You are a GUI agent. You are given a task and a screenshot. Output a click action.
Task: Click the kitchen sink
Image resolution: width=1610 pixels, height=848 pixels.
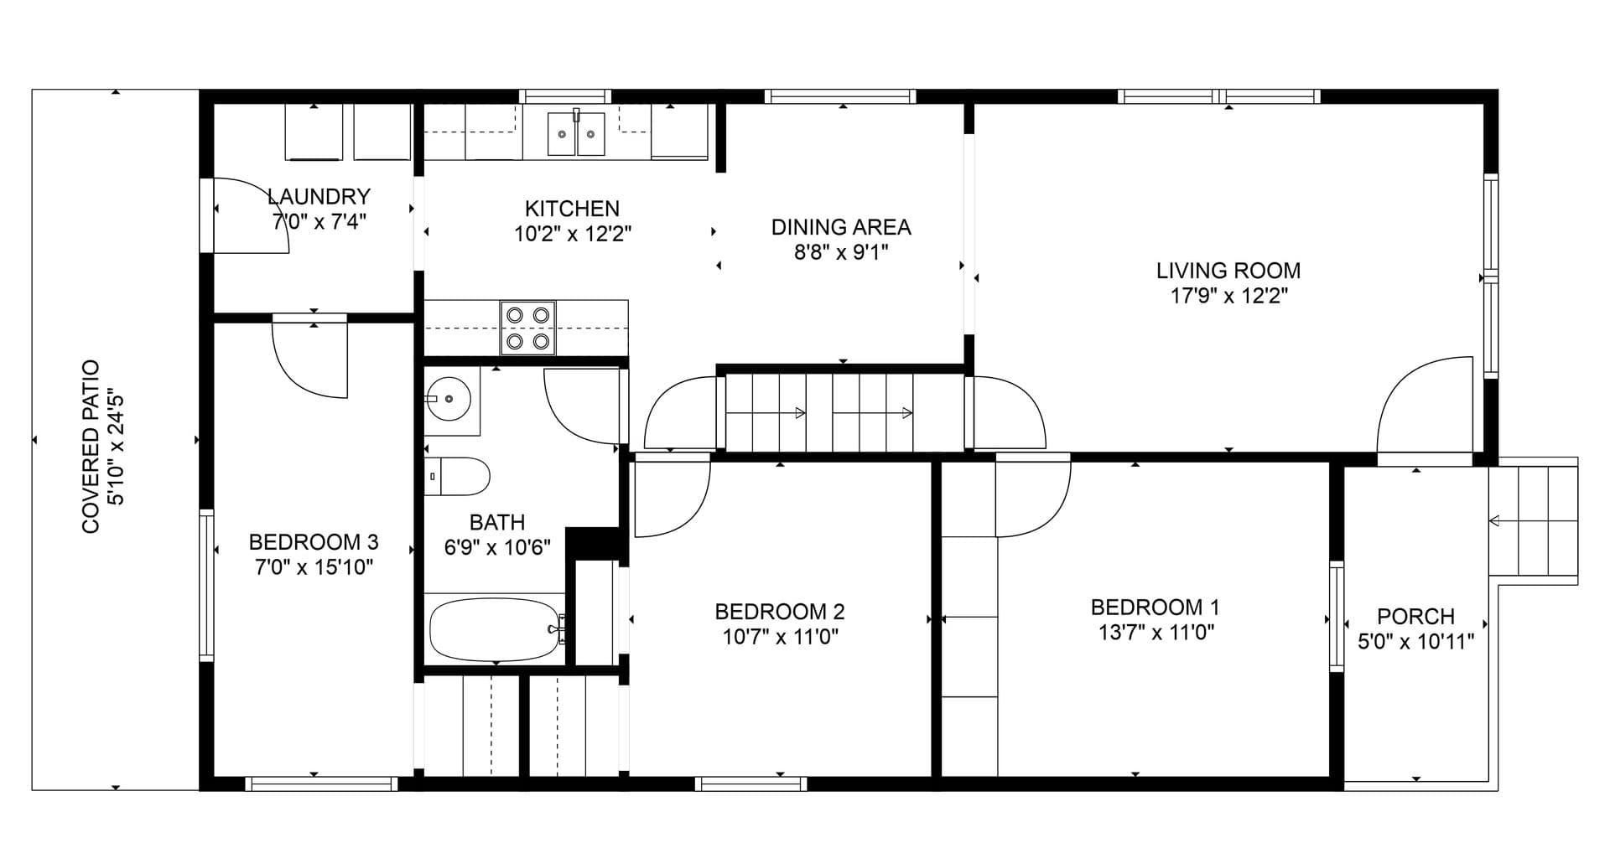pos(576,133)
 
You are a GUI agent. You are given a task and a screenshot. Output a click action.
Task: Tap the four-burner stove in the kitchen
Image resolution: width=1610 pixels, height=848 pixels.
pos(528,328)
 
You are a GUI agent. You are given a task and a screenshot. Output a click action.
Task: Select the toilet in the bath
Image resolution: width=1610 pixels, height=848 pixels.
pos(457,476)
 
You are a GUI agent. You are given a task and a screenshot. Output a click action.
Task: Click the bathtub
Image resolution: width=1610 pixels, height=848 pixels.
pos(495,629)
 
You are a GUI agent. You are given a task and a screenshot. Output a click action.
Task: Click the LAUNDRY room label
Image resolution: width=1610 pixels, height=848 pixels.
pos(319,197)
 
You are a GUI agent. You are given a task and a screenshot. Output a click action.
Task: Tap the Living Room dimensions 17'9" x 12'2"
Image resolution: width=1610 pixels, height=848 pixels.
pos(1228,296)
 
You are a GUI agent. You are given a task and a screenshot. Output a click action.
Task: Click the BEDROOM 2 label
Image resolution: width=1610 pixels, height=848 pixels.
pos(780,612)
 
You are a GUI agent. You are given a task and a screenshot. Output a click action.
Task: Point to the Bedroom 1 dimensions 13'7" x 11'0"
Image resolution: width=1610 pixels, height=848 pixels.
pos(1156,633)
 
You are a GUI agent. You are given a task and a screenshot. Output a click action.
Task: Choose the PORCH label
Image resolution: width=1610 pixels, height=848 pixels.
pos(1415,617)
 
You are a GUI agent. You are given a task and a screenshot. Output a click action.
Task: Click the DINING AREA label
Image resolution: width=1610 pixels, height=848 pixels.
pos(841,227)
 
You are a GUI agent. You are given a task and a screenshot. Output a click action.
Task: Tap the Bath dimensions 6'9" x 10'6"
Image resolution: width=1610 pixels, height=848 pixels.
pos(497,548)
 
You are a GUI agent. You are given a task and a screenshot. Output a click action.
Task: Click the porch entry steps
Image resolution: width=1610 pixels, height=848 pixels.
pos(1534,520)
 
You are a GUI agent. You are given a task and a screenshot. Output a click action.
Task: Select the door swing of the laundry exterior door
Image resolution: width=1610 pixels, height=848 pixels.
pos(252,215)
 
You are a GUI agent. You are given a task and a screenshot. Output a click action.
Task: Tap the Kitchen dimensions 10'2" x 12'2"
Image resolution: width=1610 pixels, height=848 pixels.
pos(573,234)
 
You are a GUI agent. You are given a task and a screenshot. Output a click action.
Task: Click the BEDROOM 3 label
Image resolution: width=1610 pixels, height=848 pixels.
pos(314,541)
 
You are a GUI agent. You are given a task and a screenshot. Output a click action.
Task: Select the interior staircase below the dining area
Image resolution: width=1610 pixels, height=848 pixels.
pos(844,413)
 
